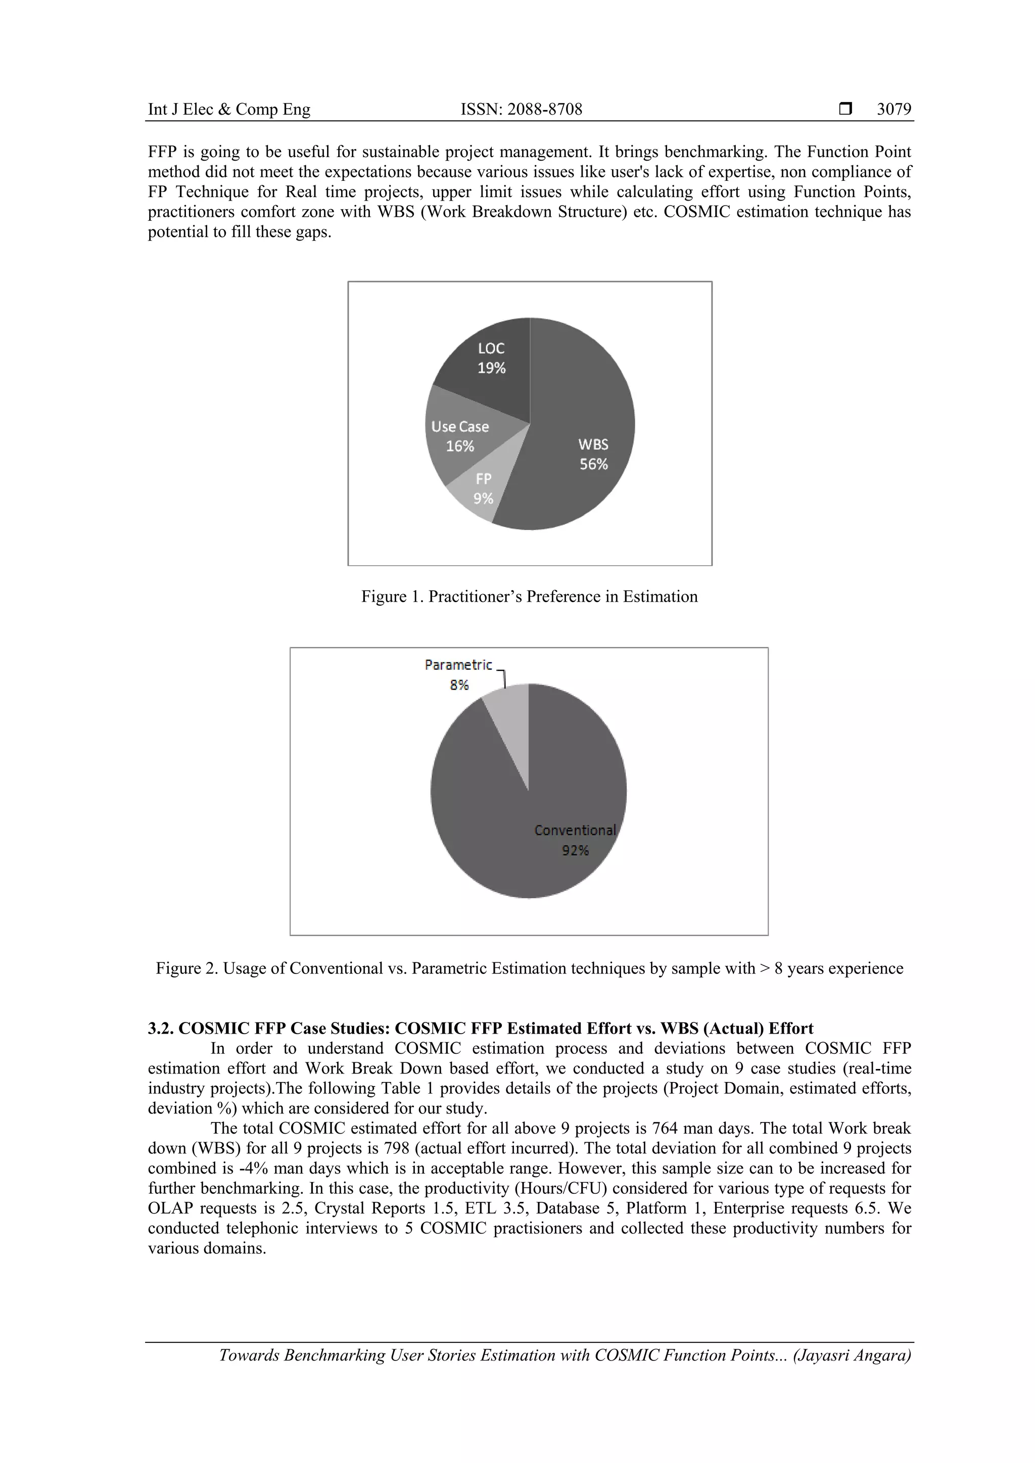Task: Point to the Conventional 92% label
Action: coord(575,840)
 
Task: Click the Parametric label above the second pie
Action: coord(458,665)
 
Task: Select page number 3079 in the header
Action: coord(893,110)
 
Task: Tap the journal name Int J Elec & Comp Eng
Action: coord(229,110)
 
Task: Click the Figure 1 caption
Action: coord(529,597)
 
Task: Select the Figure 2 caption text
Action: coord(529,968)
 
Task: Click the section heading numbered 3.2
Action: coord(480,1029)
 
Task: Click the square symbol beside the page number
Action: coord(845,110)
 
